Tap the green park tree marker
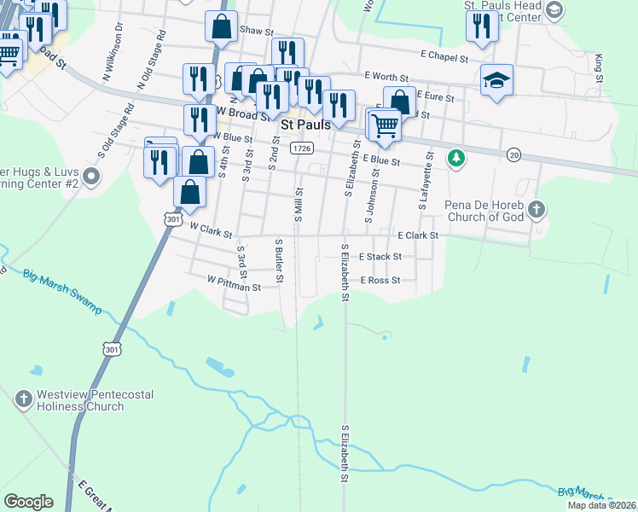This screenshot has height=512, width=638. tap(456, 158)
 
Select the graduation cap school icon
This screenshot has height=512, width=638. tap(496, 81)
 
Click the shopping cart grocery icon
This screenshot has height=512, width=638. tap(386, 125)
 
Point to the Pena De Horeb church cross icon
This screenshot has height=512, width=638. tap(536, 209)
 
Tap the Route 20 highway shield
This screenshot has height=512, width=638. tap(513, 154)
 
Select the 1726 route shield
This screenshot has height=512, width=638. tap(301, 148)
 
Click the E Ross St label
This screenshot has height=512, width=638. tap(380, 280)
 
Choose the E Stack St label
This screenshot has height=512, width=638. tap(380, 256)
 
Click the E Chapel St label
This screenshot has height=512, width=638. tap(444, 59)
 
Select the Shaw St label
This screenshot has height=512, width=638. tap(255, 29)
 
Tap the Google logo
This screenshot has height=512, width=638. tap(28, 502)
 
